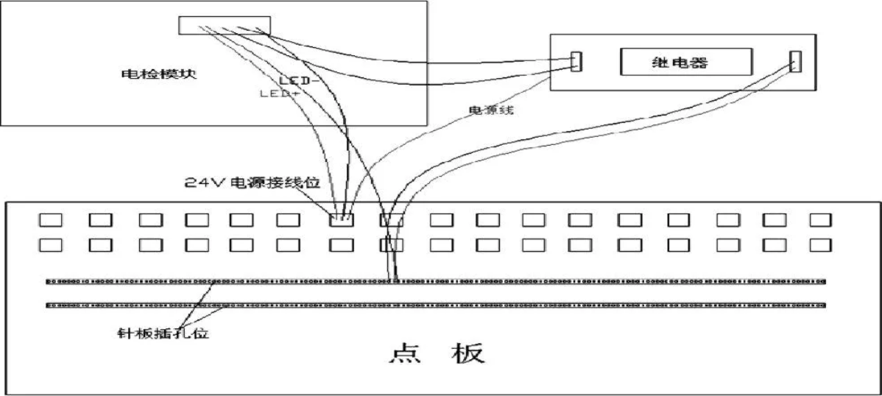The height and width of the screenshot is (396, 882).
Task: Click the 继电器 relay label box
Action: (685, 62)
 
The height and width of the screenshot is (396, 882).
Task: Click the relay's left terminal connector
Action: (576, 61)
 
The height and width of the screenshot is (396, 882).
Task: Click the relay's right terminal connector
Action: (794, 61)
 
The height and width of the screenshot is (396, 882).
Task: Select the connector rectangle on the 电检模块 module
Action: (225, 25)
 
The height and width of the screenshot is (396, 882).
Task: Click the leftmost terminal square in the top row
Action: (50, 219)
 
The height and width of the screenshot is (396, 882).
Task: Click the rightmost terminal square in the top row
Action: (820, 219)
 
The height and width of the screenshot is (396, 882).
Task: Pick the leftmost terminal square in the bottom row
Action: (50, 244)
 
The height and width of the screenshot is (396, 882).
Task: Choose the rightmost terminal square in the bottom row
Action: (820, 244)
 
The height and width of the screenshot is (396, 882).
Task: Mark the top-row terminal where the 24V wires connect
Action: (341, 219)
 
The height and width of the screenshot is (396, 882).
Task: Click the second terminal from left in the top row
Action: (99, 219)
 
